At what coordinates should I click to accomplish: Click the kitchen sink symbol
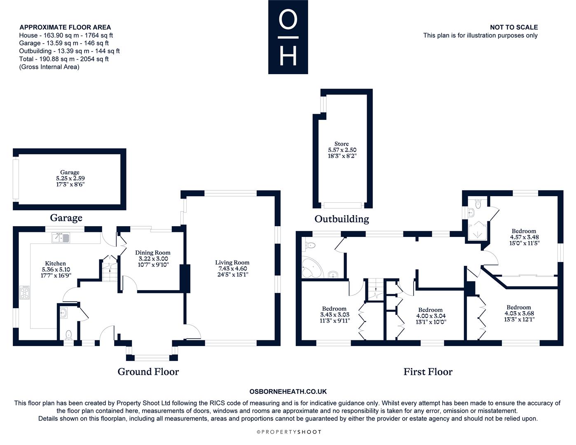(61, 237)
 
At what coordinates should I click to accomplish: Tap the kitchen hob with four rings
(25, 292)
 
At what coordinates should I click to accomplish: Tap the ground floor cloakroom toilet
(69, 335)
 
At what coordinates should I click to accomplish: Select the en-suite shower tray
(478, 231)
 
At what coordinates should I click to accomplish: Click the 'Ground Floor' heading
(148, 372)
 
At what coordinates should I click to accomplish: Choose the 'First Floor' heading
(428, 372)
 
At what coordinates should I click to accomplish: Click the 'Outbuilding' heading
(342, 219)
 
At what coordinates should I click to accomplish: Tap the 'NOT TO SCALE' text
(514, 27)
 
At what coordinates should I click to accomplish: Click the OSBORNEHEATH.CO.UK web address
(288, 391)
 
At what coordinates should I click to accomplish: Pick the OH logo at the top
(288, 37)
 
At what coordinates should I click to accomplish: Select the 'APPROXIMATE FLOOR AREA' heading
(65, 27)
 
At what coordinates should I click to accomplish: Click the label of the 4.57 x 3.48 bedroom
(524, 237)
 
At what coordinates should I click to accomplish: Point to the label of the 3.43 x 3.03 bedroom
(335, 315)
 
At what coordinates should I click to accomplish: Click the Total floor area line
(64, 59)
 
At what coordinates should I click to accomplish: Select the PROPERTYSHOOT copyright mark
(289, 432)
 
